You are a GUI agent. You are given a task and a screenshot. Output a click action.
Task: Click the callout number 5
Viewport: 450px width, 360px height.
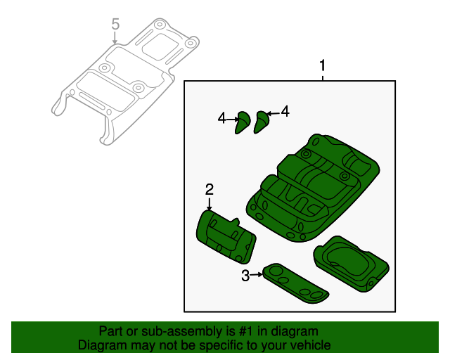115,24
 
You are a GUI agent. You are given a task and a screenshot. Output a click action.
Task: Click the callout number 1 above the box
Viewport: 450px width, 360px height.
323,65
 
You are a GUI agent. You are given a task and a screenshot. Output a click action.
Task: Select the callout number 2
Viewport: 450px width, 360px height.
210,190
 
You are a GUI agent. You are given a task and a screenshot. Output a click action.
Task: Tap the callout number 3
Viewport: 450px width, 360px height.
245,276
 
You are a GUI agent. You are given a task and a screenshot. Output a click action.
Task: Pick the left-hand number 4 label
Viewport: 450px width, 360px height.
222,118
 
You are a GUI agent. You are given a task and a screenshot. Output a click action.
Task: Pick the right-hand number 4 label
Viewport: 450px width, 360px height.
285,111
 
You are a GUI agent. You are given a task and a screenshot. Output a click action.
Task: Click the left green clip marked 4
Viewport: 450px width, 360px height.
243,122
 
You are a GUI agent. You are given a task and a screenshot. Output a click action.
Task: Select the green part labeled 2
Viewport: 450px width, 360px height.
226,237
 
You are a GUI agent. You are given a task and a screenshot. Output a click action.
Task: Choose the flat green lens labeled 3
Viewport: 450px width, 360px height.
295,283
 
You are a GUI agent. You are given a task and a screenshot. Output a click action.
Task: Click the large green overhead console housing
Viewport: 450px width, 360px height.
313,188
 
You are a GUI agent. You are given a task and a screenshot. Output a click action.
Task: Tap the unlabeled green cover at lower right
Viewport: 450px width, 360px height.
352,264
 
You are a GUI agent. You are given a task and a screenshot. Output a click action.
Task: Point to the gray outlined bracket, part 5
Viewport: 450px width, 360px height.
125,82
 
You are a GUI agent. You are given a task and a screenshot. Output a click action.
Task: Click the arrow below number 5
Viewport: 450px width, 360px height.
115,38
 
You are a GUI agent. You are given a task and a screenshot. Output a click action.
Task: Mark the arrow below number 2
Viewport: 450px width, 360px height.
210,204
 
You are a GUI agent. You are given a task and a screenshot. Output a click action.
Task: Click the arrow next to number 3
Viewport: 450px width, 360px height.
256,275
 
